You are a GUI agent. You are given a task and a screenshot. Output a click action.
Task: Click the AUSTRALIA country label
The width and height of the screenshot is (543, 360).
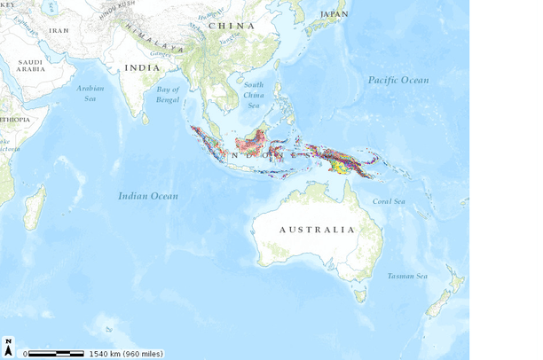(x=317, y=230)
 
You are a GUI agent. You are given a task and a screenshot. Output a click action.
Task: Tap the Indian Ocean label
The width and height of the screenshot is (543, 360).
(x=148, y=196)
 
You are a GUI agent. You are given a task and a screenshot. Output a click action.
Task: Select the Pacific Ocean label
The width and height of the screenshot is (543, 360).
(x=398, y=81)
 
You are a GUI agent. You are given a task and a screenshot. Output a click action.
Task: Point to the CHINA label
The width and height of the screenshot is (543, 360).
(x=231, y=26)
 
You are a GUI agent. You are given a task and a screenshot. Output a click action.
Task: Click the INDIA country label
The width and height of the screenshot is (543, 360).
(x=143, y=67)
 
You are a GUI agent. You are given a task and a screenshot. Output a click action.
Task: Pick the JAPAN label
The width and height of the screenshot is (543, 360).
(x=334, y=14)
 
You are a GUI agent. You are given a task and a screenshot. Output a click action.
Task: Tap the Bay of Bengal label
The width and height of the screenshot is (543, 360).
(x=168, y=94)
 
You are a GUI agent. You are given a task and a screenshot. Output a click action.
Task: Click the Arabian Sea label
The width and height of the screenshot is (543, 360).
(x=91, y=93)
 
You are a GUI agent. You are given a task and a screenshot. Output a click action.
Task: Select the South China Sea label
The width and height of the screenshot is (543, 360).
(x=254, y=95)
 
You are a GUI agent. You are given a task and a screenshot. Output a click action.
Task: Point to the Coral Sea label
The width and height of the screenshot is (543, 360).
(x=389, y=201)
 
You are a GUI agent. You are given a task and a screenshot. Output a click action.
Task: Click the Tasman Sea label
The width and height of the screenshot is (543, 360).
(x=407, y=276)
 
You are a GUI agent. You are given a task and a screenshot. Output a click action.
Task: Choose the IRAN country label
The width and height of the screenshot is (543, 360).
(x=59, y=30)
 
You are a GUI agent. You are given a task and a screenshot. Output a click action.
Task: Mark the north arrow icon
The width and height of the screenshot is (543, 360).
(x=8, y=347)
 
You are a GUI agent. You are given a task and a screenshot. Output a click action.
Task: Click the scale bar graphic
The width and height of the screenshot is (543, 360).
(x=55, y=353)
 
